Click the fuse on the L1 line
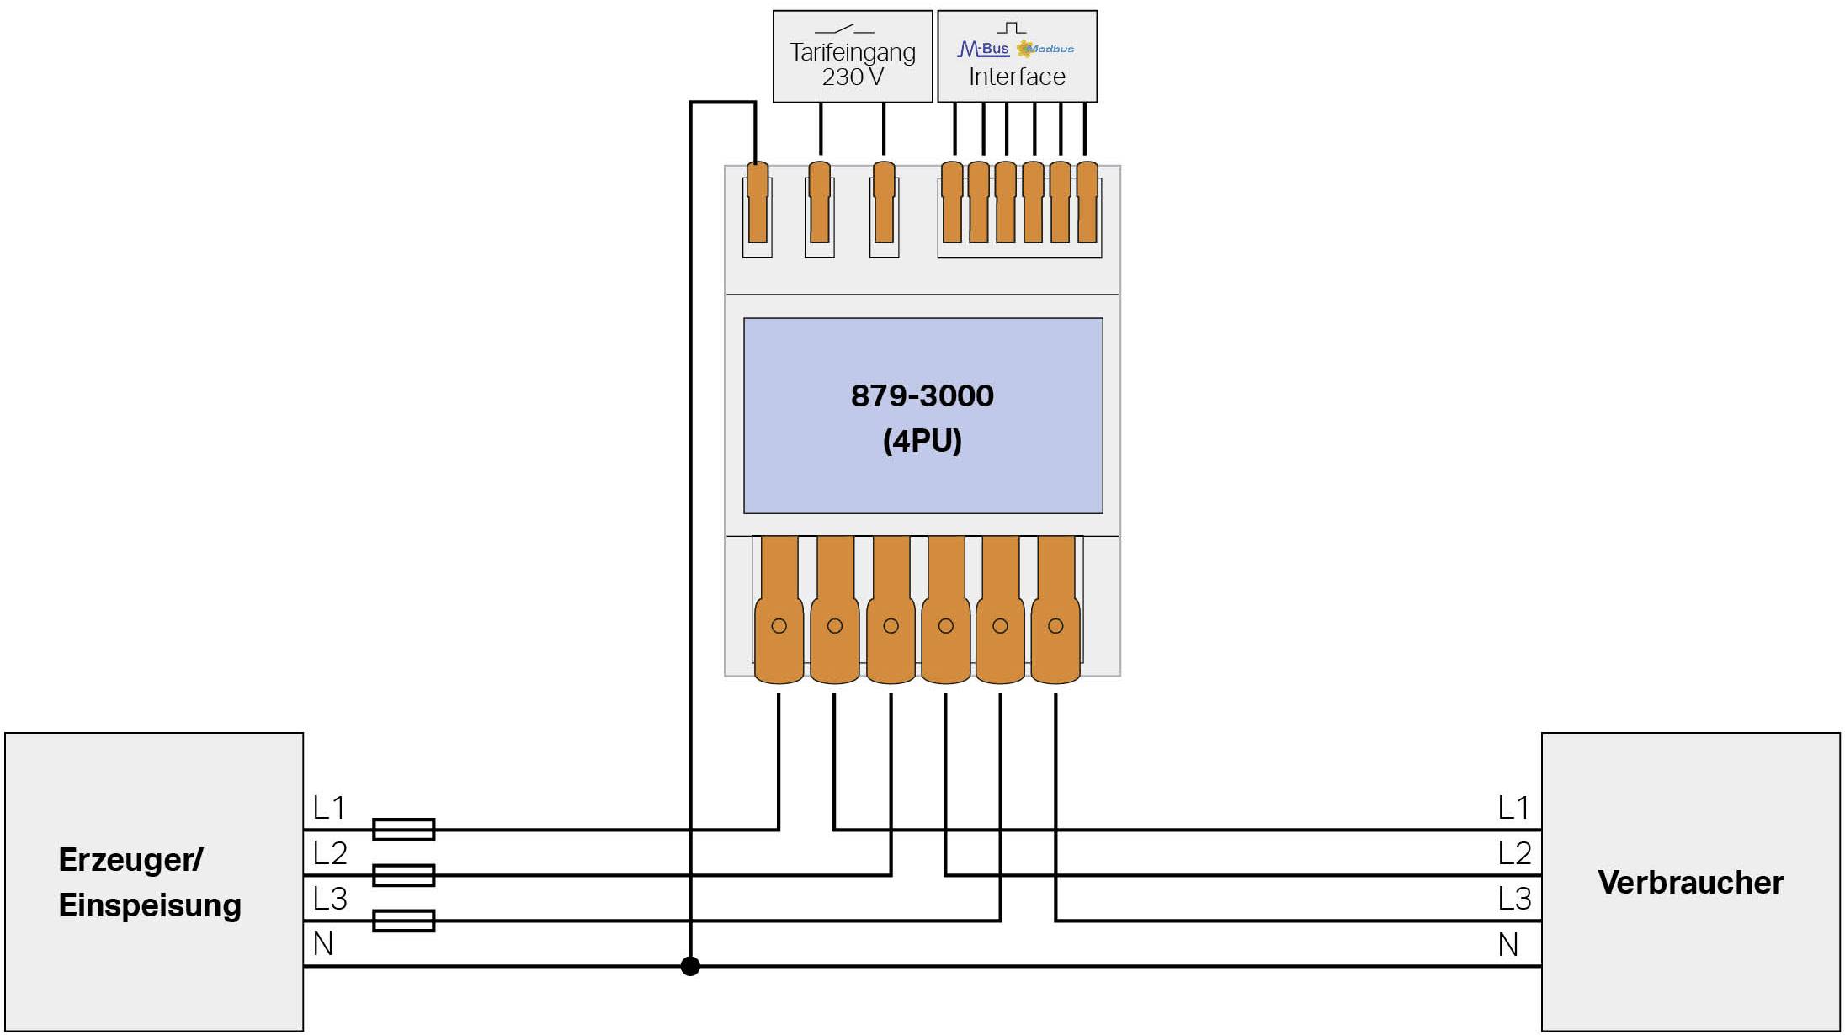[403, 830]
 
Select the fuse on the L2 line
[403, 875]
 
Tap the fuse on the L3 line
[403, 921]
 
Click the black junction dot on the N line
[690, 966]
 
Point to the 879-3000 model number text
[922, 395]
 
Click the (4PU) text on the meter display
[922, 441]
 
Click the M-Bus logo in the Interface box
[983, 50]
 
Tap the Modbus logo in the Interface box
[1045, 50]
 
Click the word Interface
[1017, 77]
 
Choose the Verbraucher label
[1690, 883]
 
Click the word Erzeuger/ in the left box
[130, 860]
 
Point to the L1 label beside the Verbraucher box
[1513, 808]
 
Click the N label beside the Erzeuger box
[323, 944]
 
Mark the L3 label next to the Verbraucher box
[1513, 899]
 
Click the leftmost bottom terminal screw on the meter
[779, 626]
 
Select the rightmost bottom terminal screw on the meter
[1055, 626]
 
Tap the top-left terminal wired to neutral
[758, 203]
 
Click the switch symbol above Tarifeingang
[845, 30]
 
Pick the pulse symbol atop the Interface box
[1011, 29]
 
